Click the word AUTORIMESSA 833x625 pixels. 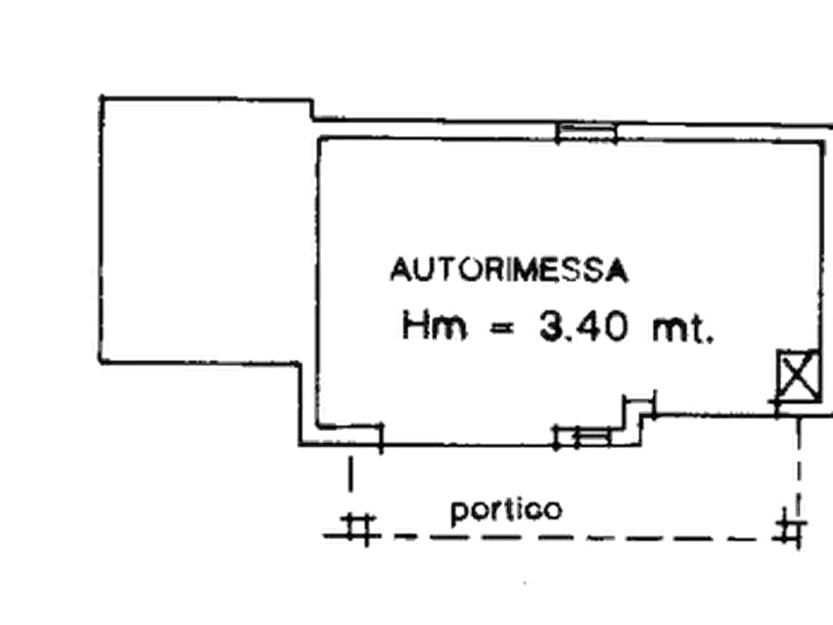click(x=509, y=270)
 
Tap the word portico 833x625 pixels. click(x=506, y=511)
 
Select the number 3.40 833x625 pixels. click(x=583, y=326)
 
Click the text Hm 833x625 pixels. click(x=434, y=325)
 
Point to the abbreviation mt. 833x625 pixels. click(x=683, y=329)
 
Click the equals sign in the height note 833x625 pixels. click(x=503, y=329)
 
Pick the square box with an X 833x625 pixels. click(x=798, y=375)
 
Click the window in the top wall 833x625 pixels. click(x=586, y=132)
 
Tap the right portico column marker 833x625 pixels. click(x=791, y=529)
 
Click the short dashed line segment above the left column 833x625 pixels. click(x=350, y=474)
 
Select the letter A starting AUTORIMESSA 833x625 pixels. click(x=399, y=270)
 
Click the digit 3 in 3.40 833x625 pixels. click(x=551, y=326)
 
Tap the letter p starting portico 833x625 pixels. click(x=458, y=513)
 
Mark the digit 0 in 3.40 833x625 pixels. click(x=615, y=326)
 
